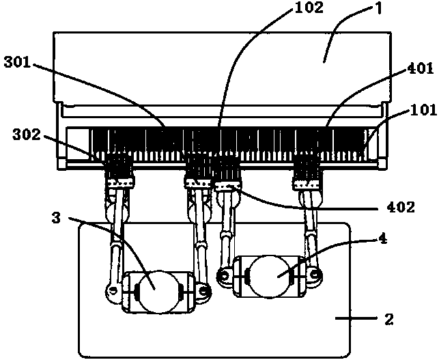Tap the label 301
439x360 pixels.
pos(17,62)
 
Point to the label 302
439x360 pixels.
pos(27,135)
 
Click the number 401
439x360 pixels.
pos(420,68)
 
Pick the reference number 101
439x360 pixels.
pos(424,110)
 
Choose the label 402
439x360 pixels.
pos(401,207)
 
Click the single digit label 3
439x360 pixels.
pos(57,217)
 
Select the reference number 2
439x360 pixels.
pos(389,319)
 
